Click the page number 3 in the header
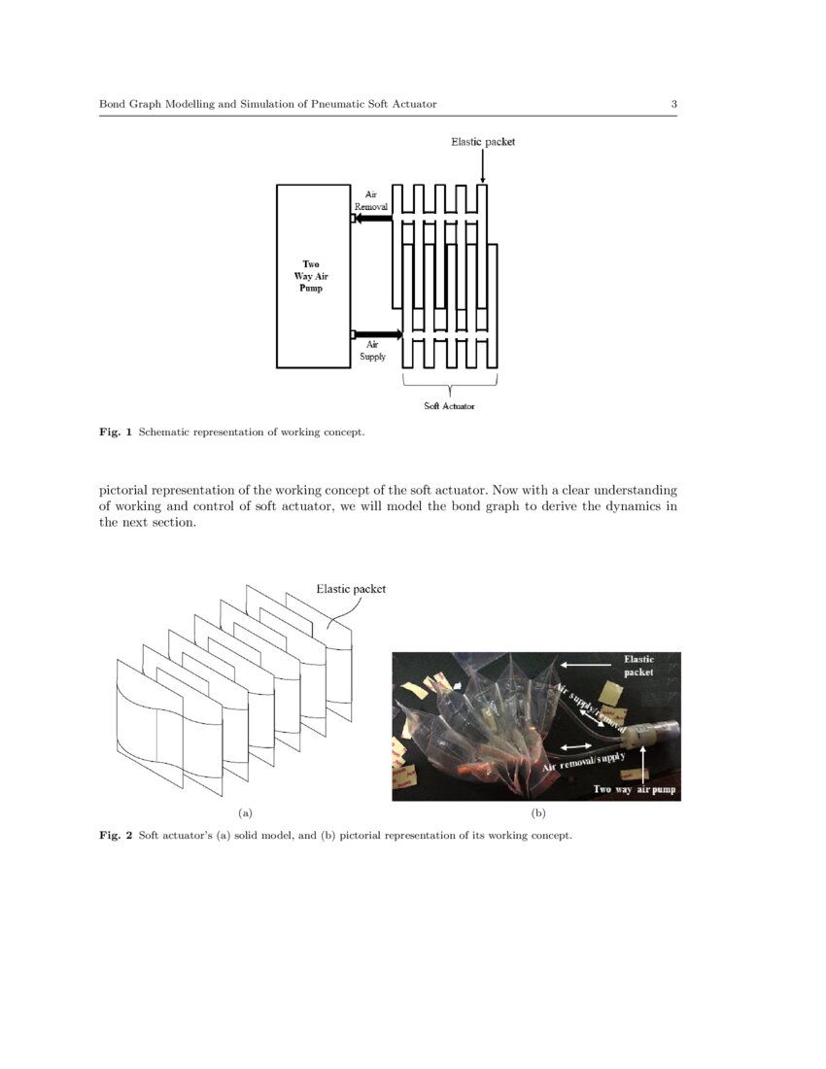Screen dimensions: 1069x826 (x=673, y=104)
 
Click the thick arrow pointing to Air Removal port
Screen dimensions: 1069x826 (x=373, y=219)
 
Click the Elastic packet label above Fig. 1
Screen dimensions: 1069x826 (x=483, y=142)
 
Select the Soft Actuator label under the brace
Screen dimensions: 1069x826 (x=449, y=405)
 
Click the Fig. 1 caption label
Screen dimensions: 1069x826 (x=117, y=431)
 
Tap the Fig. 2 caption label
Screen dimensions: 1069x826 (x=117, y=836)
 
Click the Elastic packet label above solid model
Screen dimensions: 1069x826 (x=351, y=589)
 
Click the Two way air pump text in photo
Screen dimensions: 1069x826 (x=635, y=790)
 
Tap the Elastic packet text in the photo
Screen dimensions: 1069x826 (x=638, y=666)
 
